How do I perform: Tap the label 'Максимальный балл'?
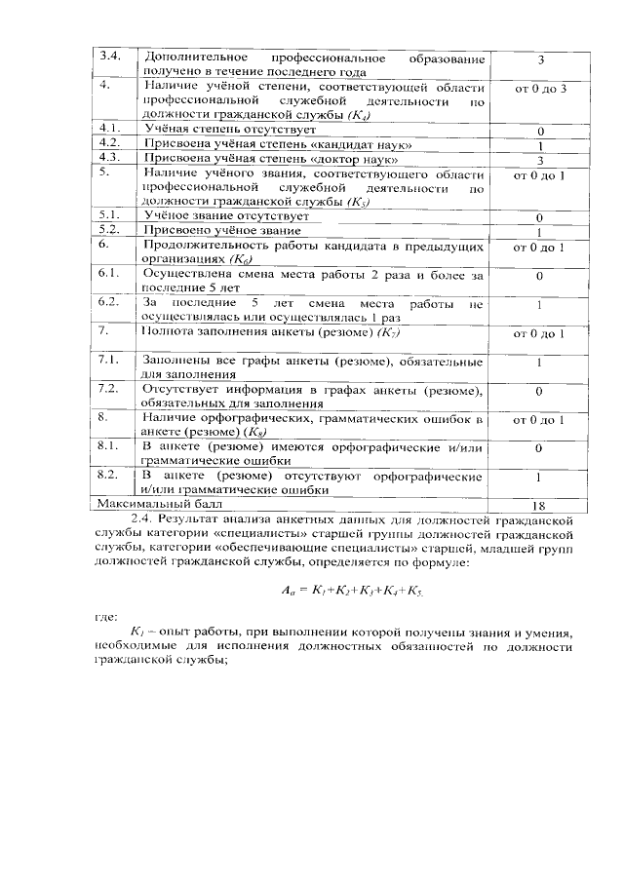(x=157, y=505)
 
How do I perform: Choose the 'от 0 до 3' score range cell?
(x=538, y=89)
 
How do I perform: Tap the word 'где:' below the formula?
(x=105, y=617)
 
